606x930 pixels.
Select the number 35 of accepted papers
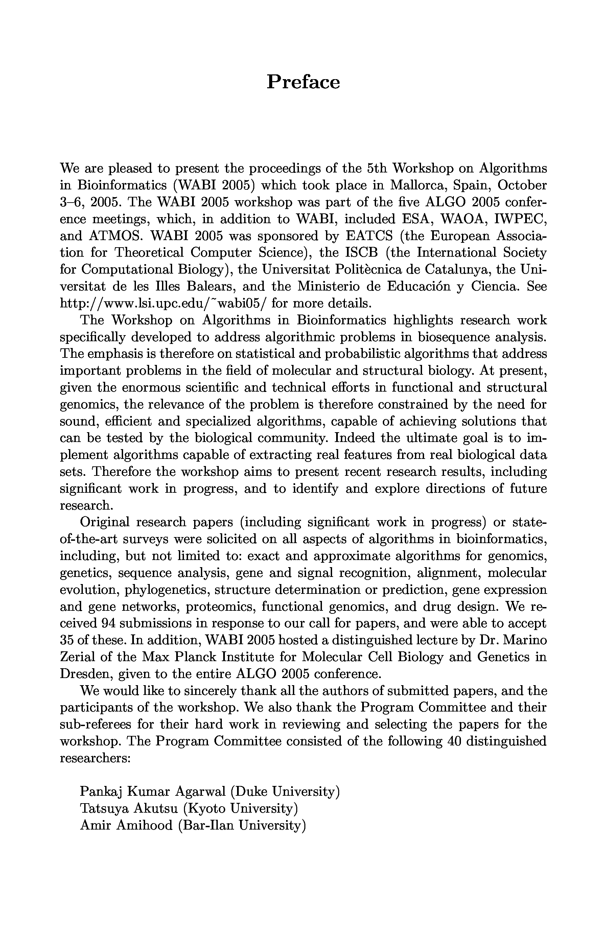(x=67, y=640)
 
